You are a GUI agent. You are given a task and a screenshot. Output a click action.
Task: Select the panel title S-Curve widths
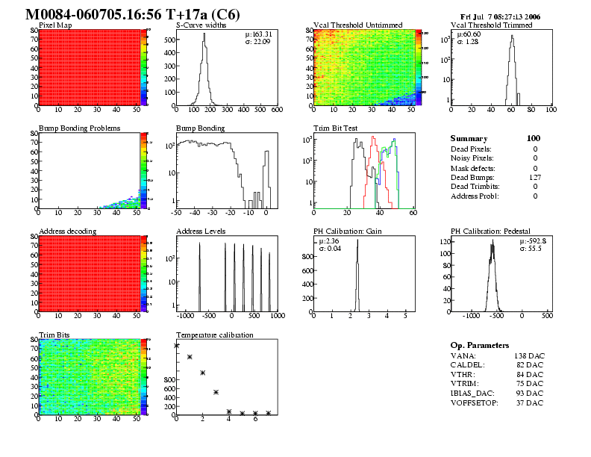point(200,25)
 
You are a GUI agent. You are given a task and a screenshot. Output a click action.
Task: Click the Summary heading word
point(469,138)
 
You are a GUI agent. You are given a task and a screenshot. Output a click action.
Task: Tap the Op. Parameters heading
point(480,345)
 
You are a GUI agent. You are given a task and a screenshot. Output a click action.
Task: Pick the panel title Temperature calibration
point(215,335)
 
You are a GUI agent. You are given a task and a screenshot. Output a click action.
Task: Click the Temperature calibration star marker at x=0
point(177,345)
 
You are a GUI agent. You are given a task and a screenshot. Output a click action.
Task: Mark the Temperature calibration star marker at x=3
point(216,392)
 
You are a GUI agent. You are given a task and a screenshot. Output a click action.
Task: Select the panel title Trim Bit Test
point(335,128)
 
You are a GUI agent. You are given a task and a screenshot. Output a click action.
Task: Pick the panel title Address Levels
point(201,231)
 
